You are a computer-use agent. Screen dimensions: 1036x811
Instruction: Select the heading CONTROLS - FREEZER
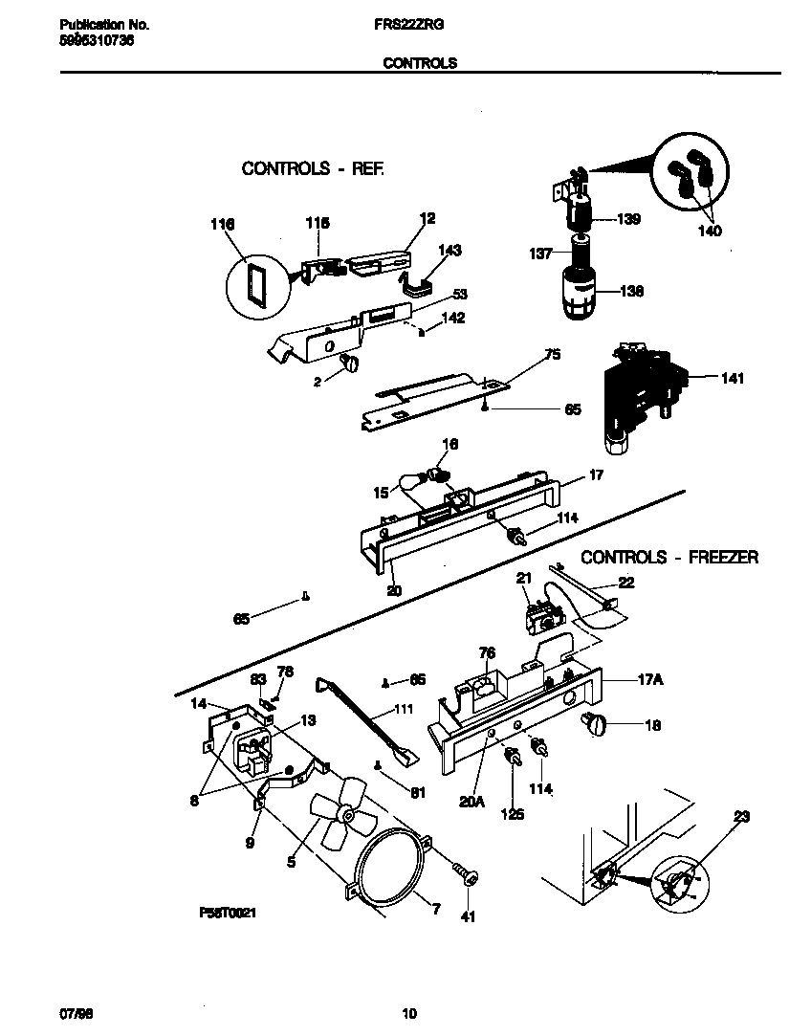pos(669,557)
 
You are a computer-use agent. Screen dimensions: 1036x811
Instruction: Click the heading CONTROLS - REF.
pos(313,168)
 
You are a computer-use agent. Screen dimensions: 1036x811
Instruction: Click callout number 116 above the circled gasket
pos(222,225)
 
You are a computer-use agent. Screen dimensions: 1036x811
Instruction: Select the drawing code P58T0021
pos(227,914)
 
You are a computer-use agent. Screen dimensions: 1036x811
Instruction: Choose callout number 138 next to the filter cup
pos(629,291)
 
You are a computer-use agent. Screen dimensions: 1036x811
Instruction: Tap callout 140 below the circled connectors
pos(710,231)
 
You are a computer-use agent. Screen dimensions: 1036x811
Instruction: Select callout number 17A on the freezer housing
pos(650,680)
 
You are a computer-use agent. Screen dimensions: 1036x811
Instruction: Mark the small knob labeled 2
pos(350,363)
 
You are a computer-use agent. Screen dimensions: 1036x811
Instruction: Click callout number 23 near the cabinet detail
pos(741,817)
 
